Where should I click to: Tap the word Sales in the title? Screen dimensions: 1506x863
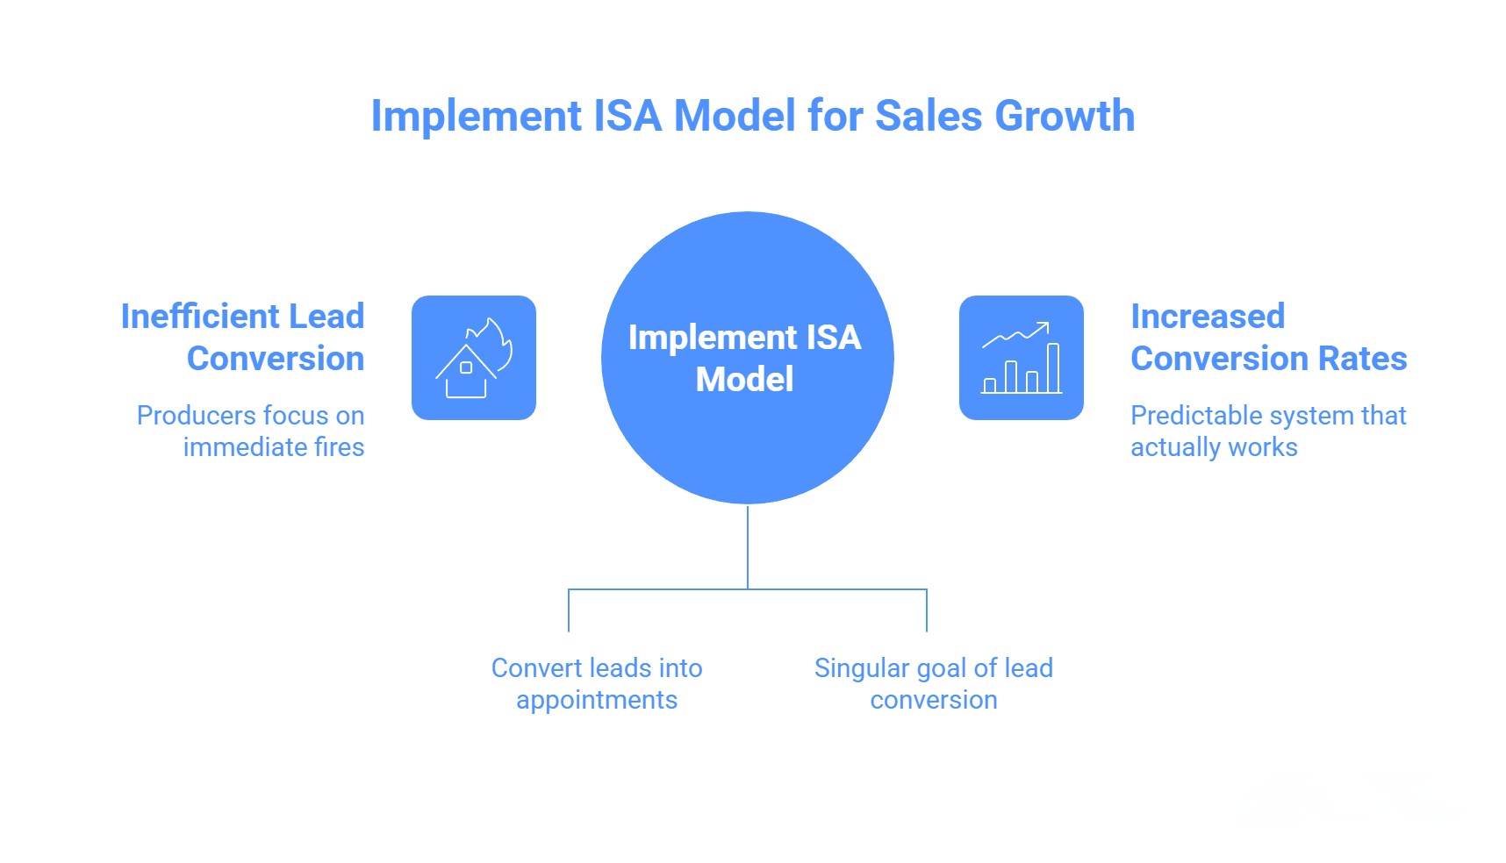[x=929, y=117]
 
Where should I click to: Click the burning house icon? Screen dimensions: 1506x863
[x=473, y=358]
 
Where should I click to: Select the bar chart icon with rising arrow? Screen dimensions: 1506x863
[x=1021, y=358]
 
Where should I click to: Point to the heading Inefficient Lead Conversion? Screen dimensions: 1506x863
[x=243, y=337]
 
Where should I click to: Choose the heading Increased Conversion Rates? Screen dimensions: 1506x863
[x=1268, y=337]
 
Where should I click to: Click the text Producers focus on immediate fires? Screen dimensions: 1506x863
[x=251, y=431]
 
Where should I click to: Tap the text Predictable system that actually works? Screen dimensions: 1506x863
[x=1267, y=431]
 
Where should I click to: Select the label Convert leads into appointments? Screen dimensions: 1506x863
[x=597, y=683]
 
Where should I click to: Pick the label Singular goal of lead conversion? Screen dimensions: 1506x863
[x=933, y=683]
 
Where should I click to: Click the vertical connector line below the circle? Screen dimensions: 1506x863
[x=748, y=546]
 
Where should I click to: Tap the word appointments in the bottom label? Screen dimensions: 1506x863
[x=597, y=700]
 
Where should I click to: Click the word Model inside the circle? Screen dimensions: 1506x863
[x=744, y=380]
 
